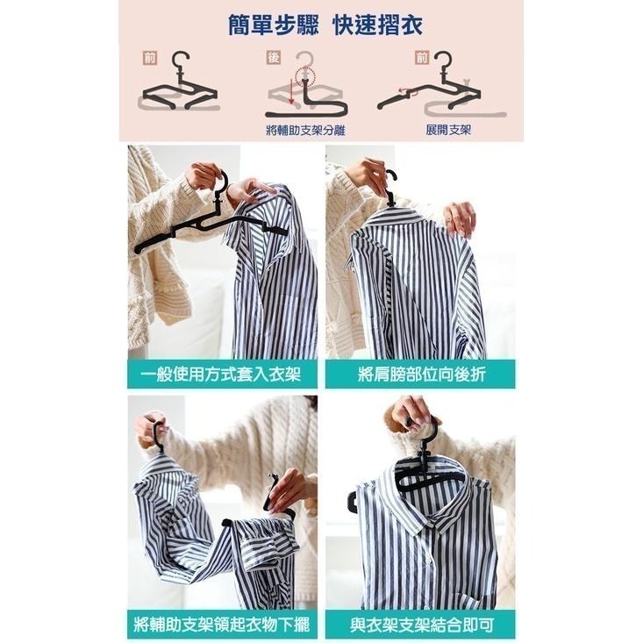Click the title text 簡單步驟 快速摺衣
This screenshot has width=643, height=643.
(325, 25)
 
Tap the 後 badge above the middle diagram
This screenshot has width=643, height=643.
(274, 57)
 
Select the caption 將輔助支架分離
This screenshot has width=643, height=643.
(305, 131)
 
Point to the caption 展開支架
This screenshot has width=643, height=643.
(448, 130)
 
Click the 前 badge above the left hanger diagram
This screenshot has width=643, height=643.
(150, 58)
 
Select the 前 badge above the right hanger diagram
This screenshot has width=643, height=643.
(422, 58)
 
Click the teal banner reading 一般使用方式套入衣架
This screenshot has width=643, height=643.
(222, 375)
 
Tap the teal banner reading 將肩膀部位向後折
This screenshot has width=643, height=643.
(421, 375)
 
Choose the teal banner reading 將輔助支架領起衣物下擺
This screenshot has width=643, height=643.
(222, 625)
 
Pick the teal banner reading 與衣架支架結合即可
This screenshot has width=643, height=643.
(421, 625)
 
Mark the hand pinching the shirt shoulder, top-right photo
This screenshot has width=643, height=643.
(461, 218)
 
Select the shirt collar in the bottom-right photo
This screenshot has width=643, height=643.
(435, 503)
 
